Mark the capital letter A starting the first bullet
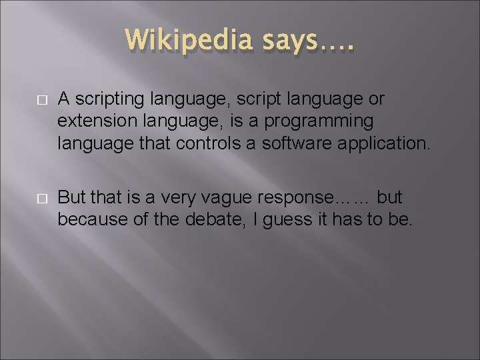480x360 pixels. click(63, 100)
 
